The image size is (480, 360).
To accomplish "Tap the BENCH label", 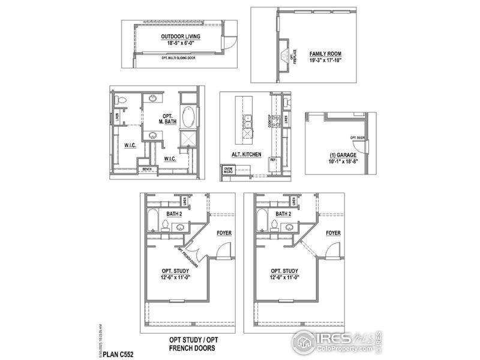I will (147, 170).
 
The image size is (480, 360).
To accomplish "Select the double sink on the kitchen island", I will (246, 123).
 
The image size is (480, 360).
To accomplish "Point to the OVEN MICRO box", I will (229, 170).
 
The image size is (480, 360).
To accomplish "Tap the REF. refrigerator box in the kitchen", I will (272, 160).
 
